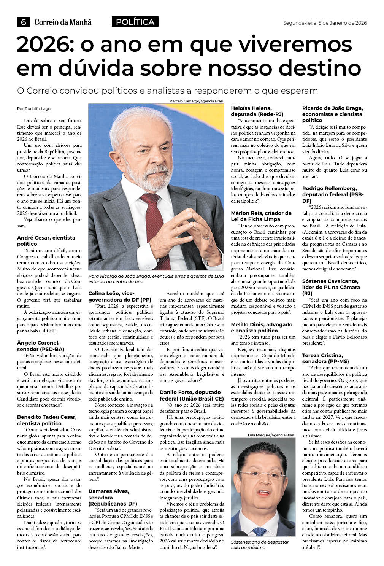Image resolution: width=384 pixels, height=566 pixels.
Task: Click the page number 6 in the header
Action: point(24,22)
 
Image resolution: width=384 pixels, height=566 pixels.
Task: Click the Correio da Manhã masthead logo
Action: point(63,22)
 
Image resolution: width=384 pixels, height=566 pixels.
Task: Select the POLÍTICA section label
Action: point(135,22)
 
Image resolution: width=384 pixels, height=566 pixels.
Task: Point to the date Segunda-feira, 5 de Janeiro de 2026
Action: point(325,23)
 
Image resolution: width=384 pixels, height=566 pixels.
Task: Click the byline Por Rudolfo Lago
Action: point(34,108)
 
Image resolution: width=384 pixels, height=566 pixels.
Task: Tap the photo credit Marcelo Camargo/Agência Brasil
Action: point(197,101)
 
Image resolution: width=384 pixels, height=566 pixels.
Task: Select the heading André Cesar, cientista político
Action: point(46,241)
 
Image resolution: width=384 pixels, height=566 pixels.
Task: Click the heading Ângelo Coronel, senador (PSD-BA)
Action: point(41,346)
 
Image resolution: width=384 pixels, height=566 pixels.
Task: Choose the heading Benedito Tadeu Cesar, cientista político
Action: point(47,420)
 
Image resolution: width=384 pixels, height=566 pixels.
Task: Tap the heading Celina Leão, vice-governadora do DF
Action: point(120,296)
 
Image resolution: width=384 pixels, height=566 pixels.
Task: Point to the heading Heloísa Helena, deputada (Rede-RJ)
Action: point(257,111)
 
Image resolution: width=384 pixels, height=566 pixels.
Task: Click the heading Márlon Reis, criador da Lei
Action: point(261,216)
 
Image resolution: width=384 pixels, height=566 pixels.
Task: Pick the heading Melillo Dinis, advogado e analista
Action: point(262,328)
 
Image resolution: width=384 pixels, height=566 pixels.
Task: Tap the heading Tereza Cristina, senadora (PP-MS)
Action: point(325,358)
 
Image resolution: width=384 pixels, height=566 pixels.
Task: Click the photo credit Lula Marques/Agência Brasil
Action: point(271,435)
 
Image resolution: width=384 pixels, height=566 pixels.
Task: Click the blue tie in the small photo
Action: point(260,531)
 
